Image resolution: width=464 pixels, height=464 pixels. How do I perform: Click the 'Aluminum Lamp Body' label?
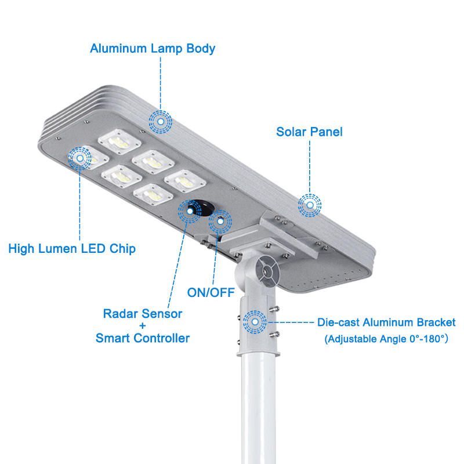[x=153, y=48]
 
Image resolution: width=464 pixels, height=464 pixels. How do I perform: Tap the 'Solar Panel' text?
[x=309, y=132]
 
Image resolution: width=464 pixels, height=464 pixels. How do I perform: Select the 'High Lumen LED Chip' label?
[x=72, y=249]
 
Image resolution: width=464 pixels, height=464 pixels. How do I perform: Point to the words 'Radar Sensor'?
[x=143, y=314]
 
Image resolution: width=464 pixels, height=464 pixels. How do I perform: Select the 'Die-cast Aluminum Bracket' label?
[x=386, y=322]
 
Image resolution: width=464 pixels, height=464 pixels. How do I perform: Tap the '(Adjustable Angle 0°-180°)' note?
[x=386, y=338]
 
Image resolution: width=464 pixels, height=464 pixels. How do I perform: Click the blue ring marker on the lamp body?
[x=161, y=121]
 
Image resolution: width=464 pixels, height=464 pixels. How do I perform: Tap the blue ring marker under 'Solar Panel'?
[x=310, y=205]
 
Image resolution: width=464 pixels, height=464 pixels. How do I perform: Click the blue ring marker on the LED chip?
[x=80, y=157]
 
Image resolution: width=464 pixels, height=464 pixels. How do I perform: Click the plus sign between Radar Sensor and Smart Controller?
[x=143, y=326]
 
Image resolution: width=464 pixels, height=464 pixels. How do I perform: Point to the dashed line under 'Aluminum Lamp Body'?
[x=161, y=81]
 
